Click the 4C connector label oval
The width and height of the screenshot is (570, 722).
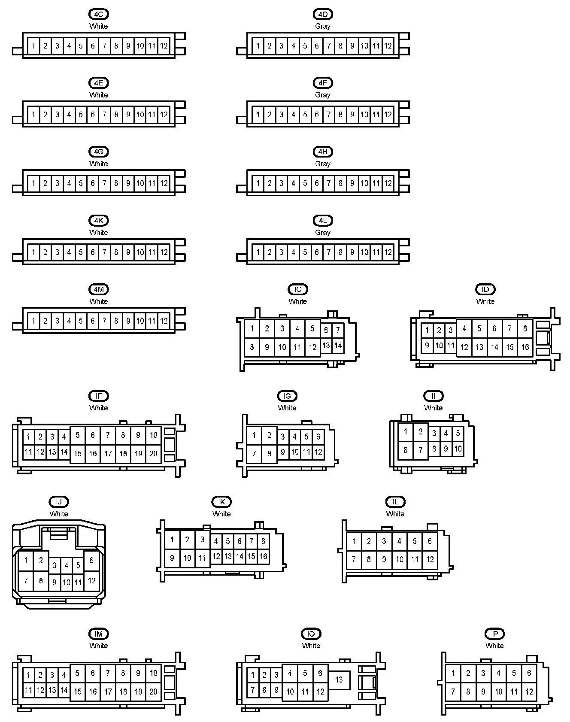pos(98,14)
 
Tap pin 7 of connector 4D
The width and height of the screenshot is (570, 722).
pos(329,46)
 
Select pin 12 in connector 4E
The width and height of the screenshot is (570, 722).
pos(164,115)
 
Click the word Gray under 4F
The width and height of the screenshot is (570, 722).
pos(323,95)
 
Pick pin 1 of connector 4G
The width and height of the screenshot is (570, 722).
pos(33,183)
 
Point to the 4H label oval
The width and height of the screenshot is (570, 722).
pos(323,152)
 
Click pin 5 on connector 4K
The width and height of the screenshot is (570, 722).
pos(81,252)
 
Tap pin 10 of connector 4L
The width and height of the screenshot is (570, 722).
pos(364,252)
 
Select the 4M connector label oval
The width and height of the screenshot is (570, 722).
pos(98,289)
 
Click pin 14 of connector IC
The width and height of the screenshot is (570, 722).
pos(338,346)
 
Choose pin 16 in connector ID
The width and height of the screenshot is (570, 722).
pos(525,347)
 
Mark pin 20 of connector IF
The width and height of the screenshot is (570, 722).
pos(153,453)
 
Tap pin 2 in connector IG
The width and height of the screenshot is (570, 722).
pos(269,435)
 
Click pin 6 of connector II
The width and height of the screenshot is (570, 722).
pos(406,450)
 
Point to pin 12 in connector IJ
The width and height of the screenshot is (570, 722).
pos(91,581)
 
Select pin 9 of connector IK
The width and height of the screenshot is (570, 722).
pos(172,558)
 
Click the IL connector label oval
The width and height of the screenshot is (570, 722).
pos(395,502)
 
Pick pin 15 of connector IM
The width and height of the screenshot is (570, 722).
pos(78,692)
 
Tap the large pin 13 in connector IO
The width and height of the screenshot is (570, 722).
pos(339,680)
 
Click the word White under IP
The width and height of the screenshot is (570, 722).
pos(494,646)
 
